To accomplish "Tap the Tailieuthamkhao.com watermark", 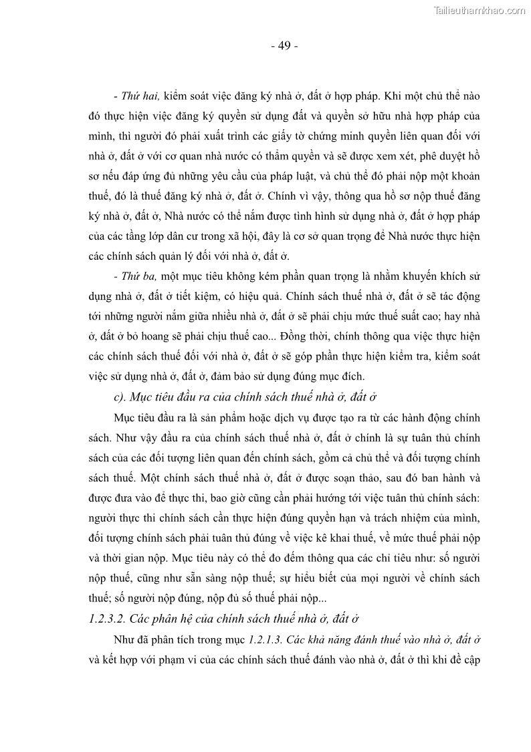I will pos(480,10).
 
